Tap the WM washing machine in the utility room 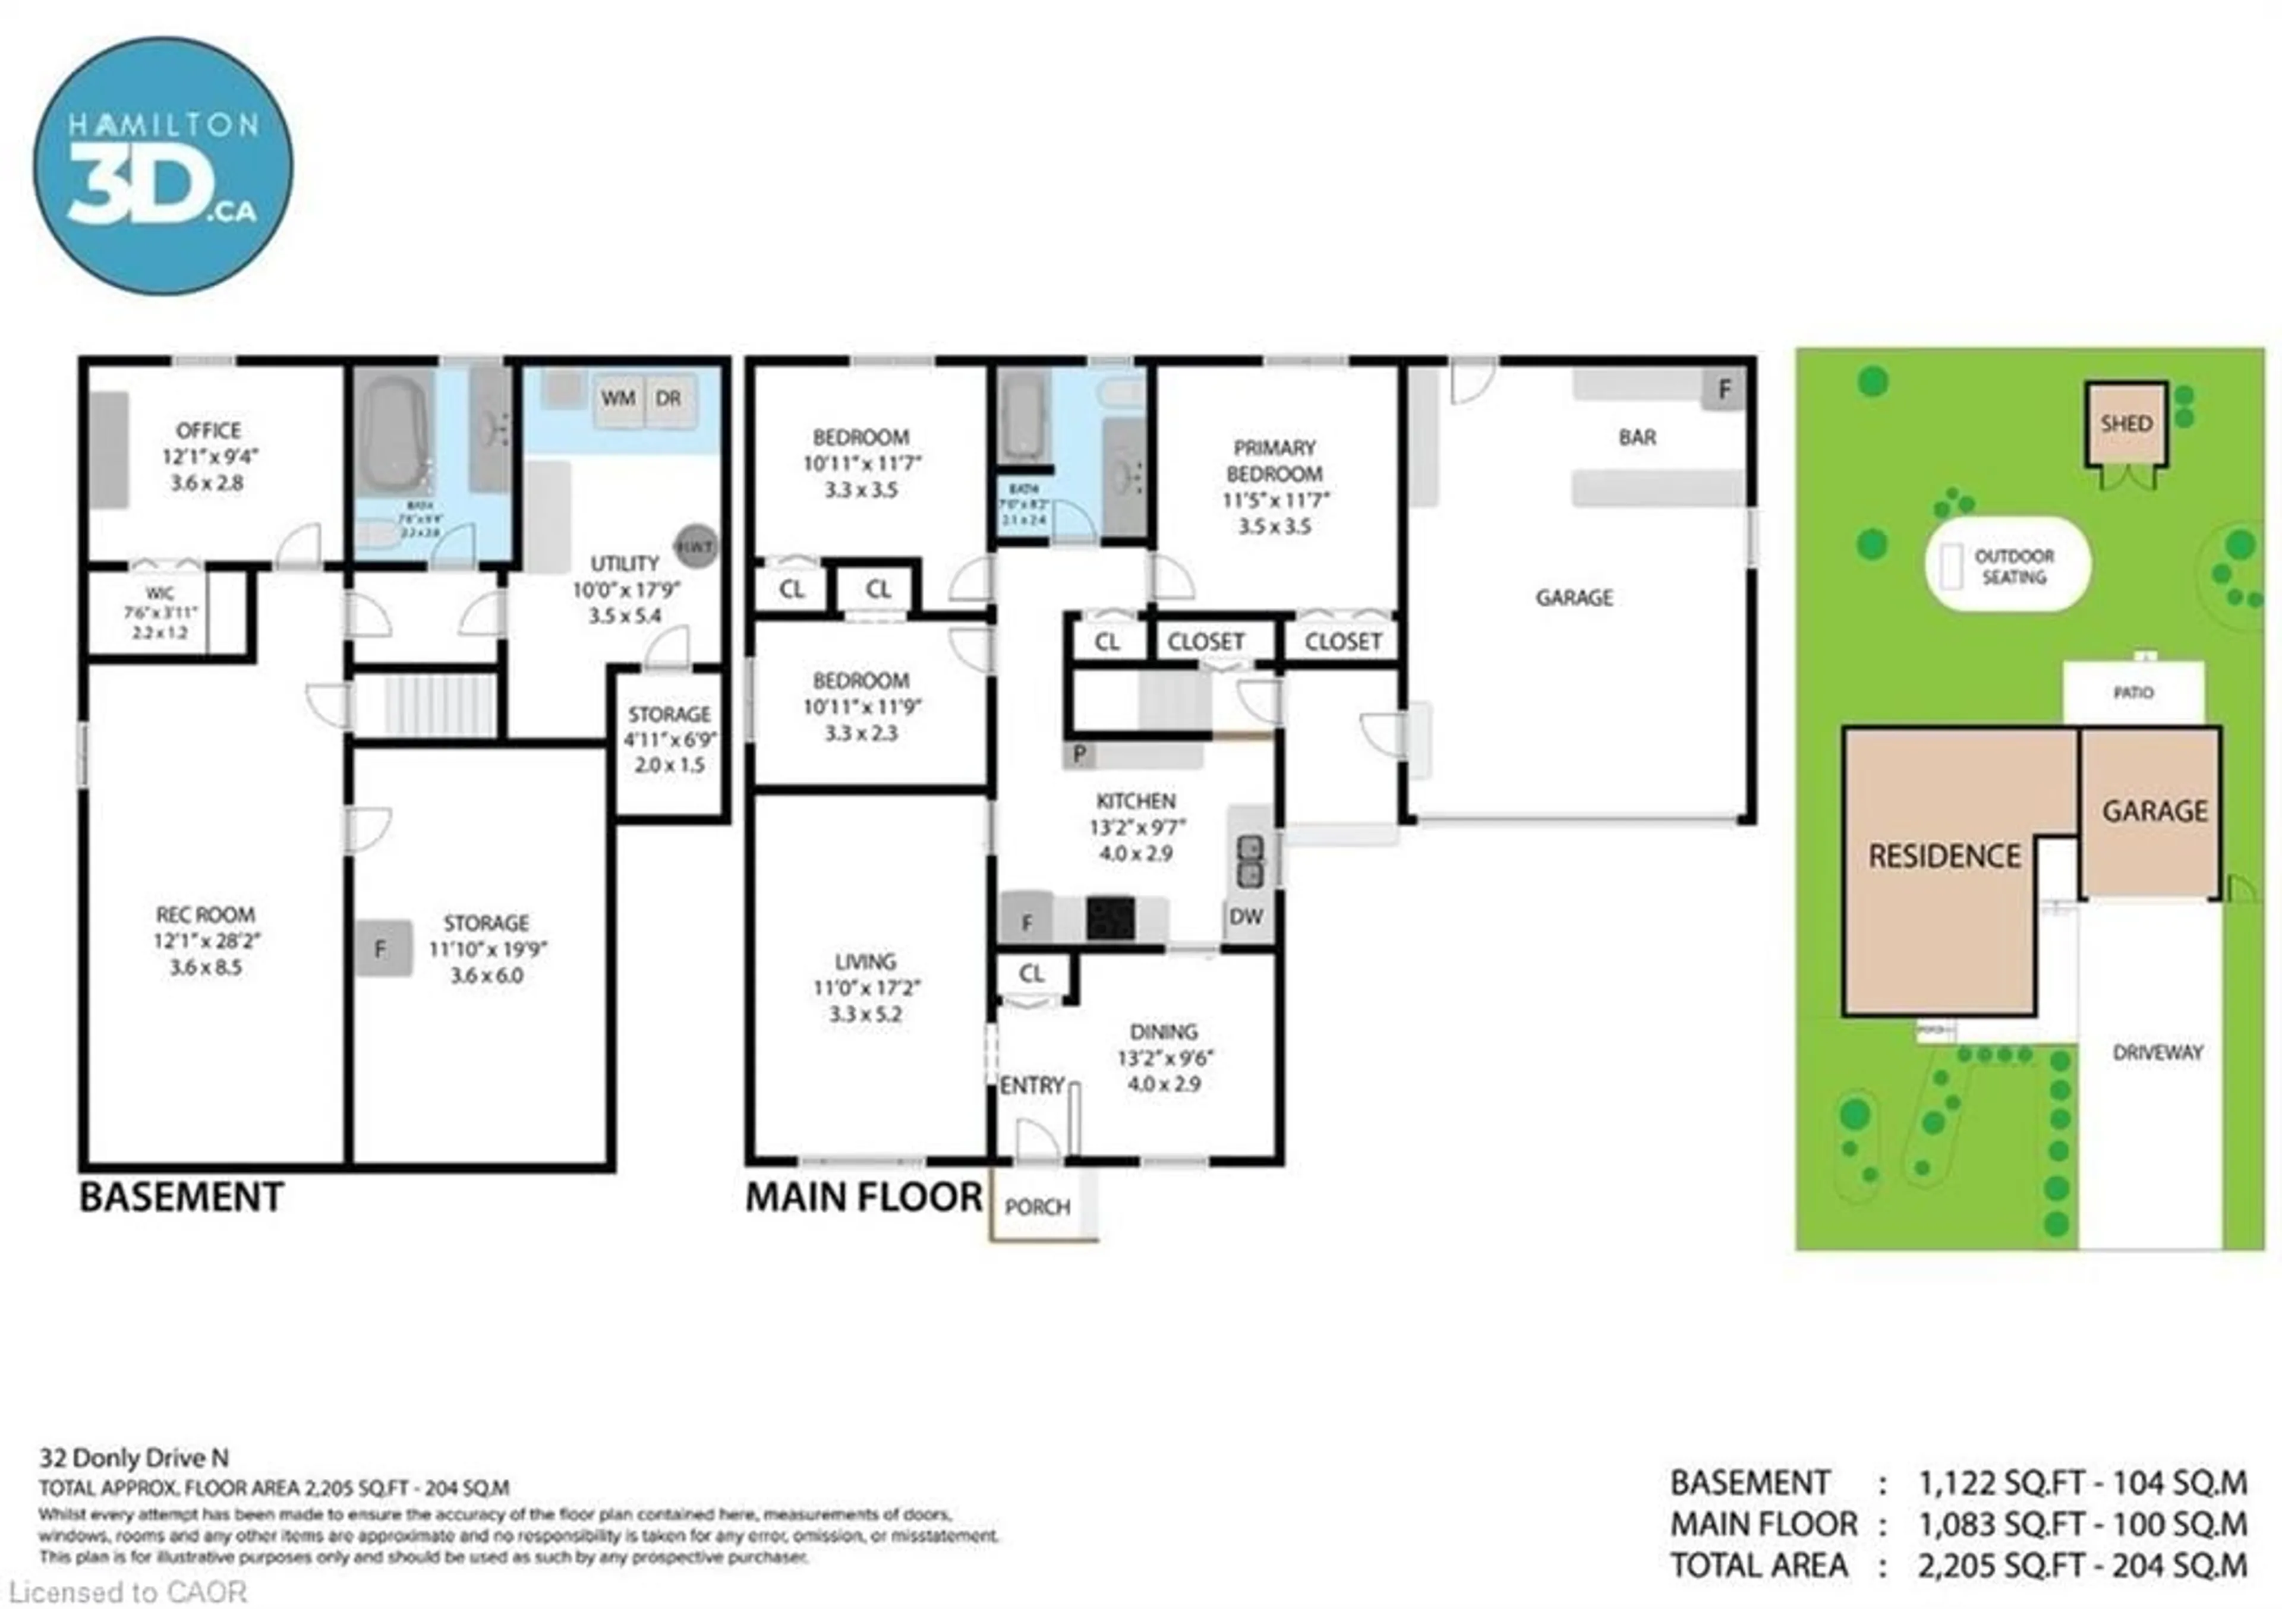click(617, 399)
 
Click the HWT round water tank click(696, 547)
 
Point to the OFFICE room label click(209, 430)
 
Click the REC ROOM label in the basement click(205, 914)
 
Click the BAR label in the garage click(1637, 437)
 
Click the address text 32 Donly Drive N click(134, 1458)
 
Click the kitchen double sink click(1249, 861)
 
